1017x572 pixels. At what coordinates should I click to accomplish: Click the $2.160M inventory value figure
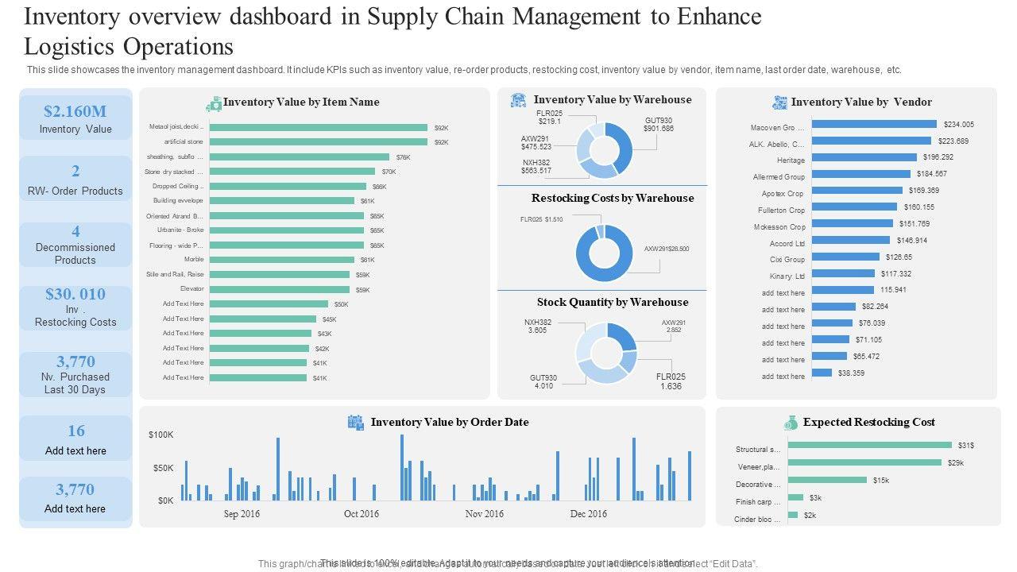point(75,111)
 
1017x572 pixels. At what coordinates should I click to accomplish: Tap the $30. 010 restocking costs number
point(75,295)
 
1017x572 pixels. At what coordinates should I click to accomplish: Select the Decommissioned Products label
point(75,253)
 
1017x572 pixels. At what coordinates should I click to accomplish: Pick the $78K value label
point(403,157)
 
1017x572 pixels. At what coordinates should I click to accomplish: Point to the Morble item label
point(194,260)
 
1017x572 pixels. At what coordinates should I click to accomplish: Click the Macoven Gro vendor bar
point(874,124)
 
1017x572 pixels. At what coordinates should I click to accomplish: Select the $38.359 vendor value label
point(852,373)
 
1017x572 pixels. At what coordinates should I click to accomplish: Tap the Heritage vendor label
point(791,160)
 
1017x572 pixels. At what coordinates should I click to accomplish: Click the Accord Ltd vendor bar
point(851,240)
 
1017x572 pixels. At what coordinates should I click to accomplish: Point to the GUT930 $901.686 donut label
point(659,124)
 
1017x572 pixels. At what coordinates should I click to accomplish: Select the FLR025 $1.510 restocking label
point(542,219)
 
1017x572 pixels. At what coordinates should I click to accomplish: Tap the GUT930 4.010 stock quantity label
point(543,381)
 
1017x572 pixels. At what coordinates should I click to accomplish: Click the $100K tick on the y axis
point(161,435)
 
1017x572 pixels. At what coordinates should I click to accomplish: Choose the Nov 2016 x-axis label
point(484,514)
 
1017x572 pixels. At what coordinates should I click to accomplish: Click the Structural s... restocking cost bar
point(869,445)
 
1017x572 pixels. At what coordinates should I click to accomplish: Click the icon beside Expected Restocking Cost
point(791,423)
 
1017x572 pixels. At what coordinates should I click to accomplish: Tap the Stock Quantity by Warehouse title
point(613,303)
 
